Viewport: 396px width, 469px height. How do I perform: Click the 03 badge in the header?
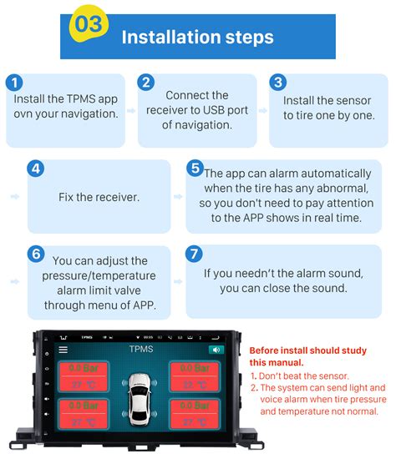coord(89,23)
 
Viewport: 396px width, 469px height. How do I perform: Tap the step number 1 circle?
coord(13,83)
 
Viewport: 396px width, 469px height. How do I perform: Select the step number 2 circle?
coord(146,82)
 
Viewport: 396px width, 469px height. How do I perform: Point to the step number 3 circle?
coord(278,82)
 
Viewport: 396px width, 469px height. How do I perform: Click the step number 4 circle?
coord(35,169)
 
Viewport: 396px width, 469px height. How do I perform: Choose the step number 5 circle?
coord(195,169)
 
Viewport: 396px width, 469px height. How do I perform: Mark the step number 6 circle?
coord(35,254)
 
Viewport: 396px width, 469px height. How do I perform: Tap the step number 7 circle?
coord(195,254)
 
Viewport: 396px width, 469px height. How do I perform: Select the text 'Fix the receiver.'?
coord(99,198)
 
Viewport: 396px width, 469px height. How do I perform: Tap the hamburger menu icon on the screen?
coord(63,350)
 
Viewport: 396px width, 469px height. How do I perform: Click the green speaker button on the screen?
coord(216,350)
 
